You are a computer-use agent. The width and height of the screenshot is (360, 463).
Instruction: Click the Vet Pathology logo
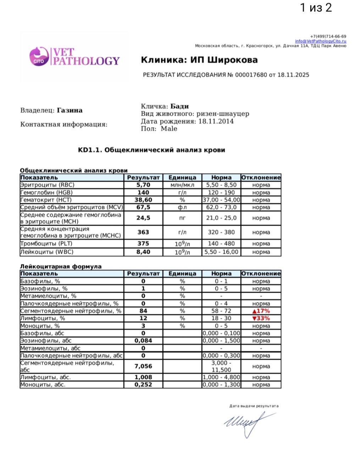tap(74, 57)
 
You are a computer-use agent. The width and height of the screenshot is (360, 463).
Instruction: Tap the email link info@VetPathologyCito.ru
tap(320, 41)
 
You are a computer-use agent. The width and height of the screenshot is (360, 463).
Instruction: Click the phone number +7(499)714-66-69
tap(328, 36)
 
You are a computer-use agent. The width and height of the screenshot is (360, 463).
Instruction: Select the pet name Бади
tap(179, 106)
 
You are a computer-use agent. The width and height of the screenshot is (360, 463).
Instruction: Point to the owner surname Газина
tap(70, 110)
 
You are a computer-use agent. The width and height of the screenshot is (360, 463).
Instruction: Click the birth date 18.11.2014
tap(216, 121)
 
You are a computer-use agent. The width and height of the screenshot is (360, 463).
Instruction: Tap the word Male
tap(169, 129)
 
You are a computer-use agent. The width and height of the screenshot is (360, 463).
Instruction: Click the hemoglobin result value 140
tap(143, 192)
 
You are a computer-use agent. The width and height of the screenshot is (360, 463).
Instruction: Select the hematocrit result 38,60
tap(143, 200)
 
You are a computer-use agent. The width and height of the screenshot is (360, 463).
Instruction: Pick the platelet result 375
tap(143, 244)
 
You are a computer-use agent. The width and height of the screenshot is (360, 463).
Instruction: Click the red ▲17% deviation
tap(261, 311)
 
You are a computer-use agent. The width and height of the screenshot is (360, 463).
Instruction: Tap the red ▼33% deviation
tap(261, 318)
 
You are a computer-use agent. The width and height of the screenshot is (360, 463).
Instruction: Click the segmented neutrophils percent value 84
tap(143, 311)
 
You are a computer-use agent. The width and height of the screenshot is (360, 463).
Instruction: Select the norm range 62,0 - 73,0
tap(221, 207)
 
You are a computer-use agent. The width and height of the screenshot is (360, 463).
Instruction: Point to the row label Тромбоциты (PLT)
tap(46, 244)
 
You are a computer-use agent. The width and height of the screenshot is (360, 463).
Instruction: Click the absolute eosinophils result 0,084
tap(143, 341)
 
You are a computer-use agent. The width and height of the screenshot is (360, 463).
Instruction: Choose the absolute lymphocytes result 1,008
tap(143, 377)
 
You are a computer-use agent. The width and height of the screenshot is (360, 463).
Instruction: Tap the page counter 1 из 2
tap(316, 7)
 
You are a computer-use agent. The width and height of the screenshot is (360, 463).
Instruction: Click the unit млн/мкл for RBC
tap(182, 185)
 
